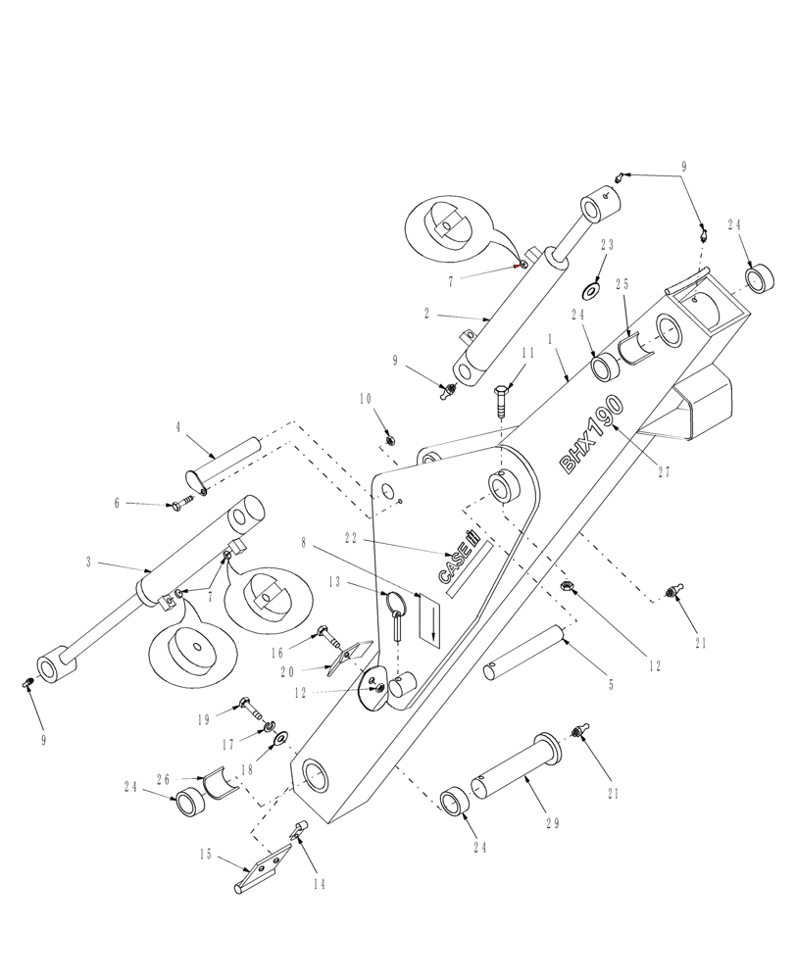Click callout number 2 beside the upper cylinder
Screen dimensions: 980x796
[x=426, y=315]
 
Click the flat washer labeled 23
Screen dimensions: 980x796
[x=593, y=291]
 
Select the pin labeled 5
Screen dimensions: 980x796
[x=523, y=654]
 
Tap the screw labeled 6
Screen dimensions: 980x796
[x=180, y=506]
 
